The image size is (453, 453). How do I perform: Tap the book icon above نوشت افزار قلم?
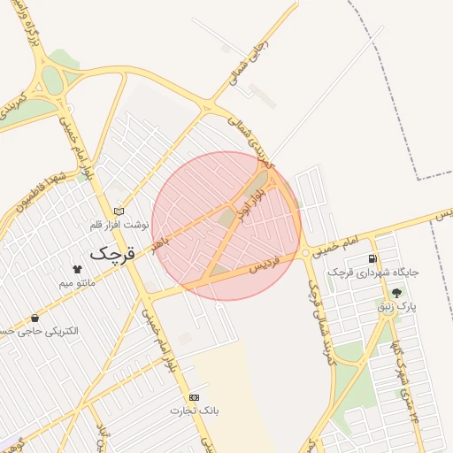pos(119,211)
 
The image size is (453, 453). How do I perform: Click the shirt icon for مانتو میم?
pos(76,268)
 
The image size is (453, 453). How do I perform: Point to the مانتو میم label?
pos(77,283)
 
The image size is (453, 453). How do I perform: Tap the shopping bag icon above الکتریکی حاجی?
pos(35,317)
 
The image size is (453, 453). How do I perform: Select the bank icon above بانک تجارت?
pos(194,397)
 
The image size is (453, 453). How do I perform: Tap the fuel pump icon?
pos(372,258)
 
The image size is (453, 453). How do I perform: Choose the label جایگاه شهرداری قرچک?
pos(372,273)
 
